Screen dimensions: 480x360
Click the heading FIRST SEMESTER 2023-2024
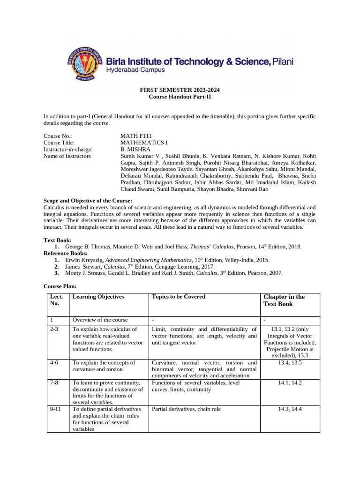pos(180,90)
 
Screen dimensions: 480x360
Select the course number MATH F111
pos(136,136)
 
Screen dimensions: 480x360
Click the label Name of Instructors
pos(67,156)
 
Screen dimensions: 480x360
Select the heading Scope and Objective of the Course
pos(91,200)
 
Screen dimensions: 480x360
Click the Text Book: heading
pos(58,240)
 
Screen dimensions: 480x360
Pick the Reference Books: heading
pos(66,253)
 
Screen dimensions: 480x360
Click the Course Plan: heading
pos(60,286)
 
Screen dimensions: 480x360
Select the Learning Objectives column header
pos(98,297)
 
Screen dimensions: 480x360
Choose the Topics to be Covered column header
pos(179,297)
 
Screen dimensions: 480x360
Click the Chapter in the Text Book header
pos(284,300)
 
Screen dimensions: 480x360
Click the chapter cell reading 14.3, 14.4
pos(290,409)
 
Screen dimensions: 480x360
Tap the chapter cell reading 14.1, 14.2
pos(290,382)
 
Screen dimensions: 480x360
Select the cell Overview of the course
pos(100,320)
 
